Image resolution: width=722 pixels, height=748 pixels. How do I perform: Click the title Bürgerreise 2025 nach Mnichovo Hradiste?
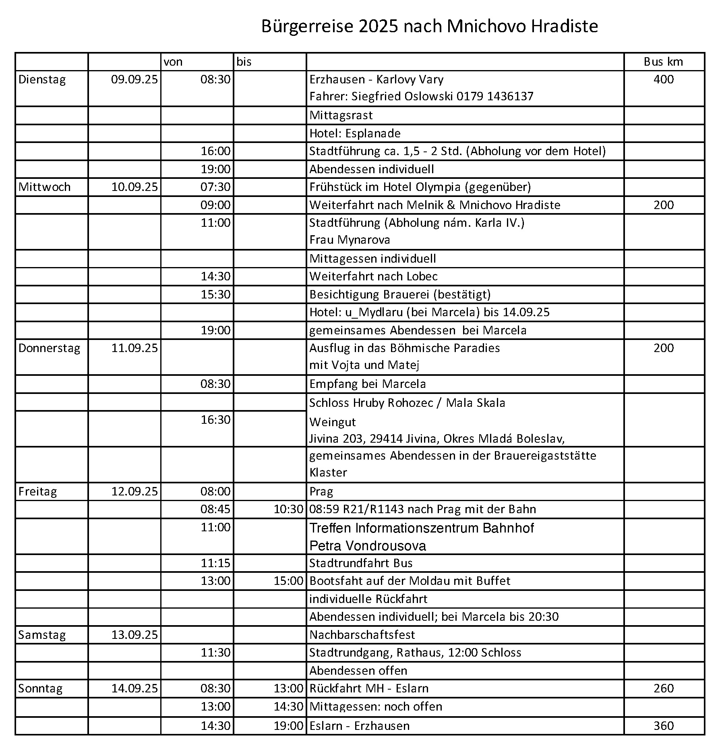point(429,27)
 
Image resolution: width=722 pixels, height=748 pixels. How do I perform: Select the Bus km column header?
point(663,62)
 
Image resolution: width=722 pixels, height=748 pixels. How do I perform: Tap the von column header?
point(173,62)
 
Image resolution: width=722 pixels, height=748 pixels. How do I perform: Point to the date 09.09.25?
point(134,79)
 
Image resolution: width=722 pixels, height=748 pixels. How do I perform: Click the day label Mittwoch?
point(44,187)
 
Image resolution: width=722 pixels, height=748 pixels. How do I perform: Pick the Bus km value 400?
point(664,79)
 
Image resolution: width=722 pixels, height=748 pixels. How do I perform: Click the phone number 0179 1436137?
point(495,96)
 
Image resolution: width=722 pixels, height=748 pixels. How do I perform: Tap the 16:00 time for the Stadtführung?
point(216,151)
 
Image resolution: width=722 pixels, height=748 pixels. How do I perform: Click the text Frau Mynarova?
point(350,240)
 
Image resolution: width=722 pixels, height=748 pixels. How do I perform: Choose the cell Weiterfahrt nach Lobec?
point(373,276)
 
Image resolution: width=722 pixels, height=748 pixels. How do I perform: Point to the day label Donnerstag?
point(49,348)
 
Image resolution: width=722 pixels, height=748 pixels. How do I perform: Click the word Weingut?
point(333,422)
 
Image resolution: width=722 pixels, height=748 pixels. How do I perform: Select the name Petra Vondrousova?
point(368,546)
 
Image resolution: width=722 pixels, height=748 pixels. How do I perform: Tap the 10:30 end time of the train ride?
point(288,509)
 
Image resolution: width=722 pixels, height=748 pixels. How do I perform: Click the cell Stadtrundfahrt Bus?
point(361,563)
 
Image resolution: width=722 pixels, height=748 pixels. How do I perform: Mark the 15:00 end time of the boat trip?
point(288,581)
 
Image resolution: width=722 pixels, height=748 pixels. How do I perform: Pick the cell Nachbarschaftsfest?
point(362,635)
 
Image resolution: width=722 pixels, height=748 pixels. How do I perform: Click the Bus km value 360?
point(664,725)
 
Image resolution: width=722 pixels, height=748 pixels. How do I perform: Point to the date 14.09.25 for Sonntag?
point(134,688)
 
